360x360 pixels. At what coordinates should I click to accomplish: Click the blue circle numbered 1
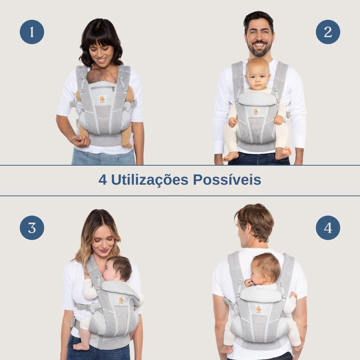pyautogui.click(x=32, y=32)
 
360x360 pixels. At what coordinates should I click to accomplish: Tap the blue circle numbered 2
pyautogui.click(x=328, y=32)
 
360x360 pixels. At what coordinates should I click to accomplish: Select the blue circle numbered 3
pyautogui.click(x=32, y=228)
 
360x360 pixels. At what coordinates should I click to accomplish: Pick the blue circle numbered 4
pyautogui.click(x=328, y=228)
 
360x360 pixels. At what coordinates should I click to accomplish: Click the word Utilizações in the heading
pyautogui.click(x=150, y=180)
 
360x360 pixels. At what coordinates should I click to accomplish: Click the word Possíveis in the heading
pyautogui.click(x=227, y=179)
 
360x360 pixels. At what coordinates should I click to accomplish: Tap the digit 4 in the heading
pyautogui.click(x=103, y=179)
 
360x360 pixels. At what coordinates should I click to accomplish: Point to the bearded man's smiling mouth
pyautogui.click(x=259, y=45)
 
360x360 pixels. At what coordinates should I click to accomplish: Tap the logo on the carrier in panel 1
pyautogui.click(x=102, y=99)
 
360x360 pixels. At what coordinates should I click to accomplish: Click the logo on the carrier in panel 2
pyautogui.click(x=256, y=112)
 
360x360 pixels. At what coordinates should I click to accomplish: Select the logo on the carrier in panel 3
pyautogui.click(x=121, y=300)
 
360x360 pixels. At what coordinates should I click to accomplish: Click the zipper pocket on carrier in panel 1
pyautogui.click(x=103, y=88)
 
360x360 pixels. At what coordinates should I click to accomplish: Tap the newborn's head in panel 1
pyautogui.click(x=101, y=76)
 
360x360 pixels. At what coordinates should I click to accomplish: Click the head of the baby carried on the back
pyautogui.click(x=266, y=268)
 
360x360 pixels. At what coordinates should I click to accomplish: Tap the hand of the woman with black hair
pyautogui.click(x=80, y=140)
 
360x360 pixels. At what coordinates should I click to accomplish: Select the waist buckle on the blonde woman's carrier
pyautogui.click(x=74, y=322)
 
